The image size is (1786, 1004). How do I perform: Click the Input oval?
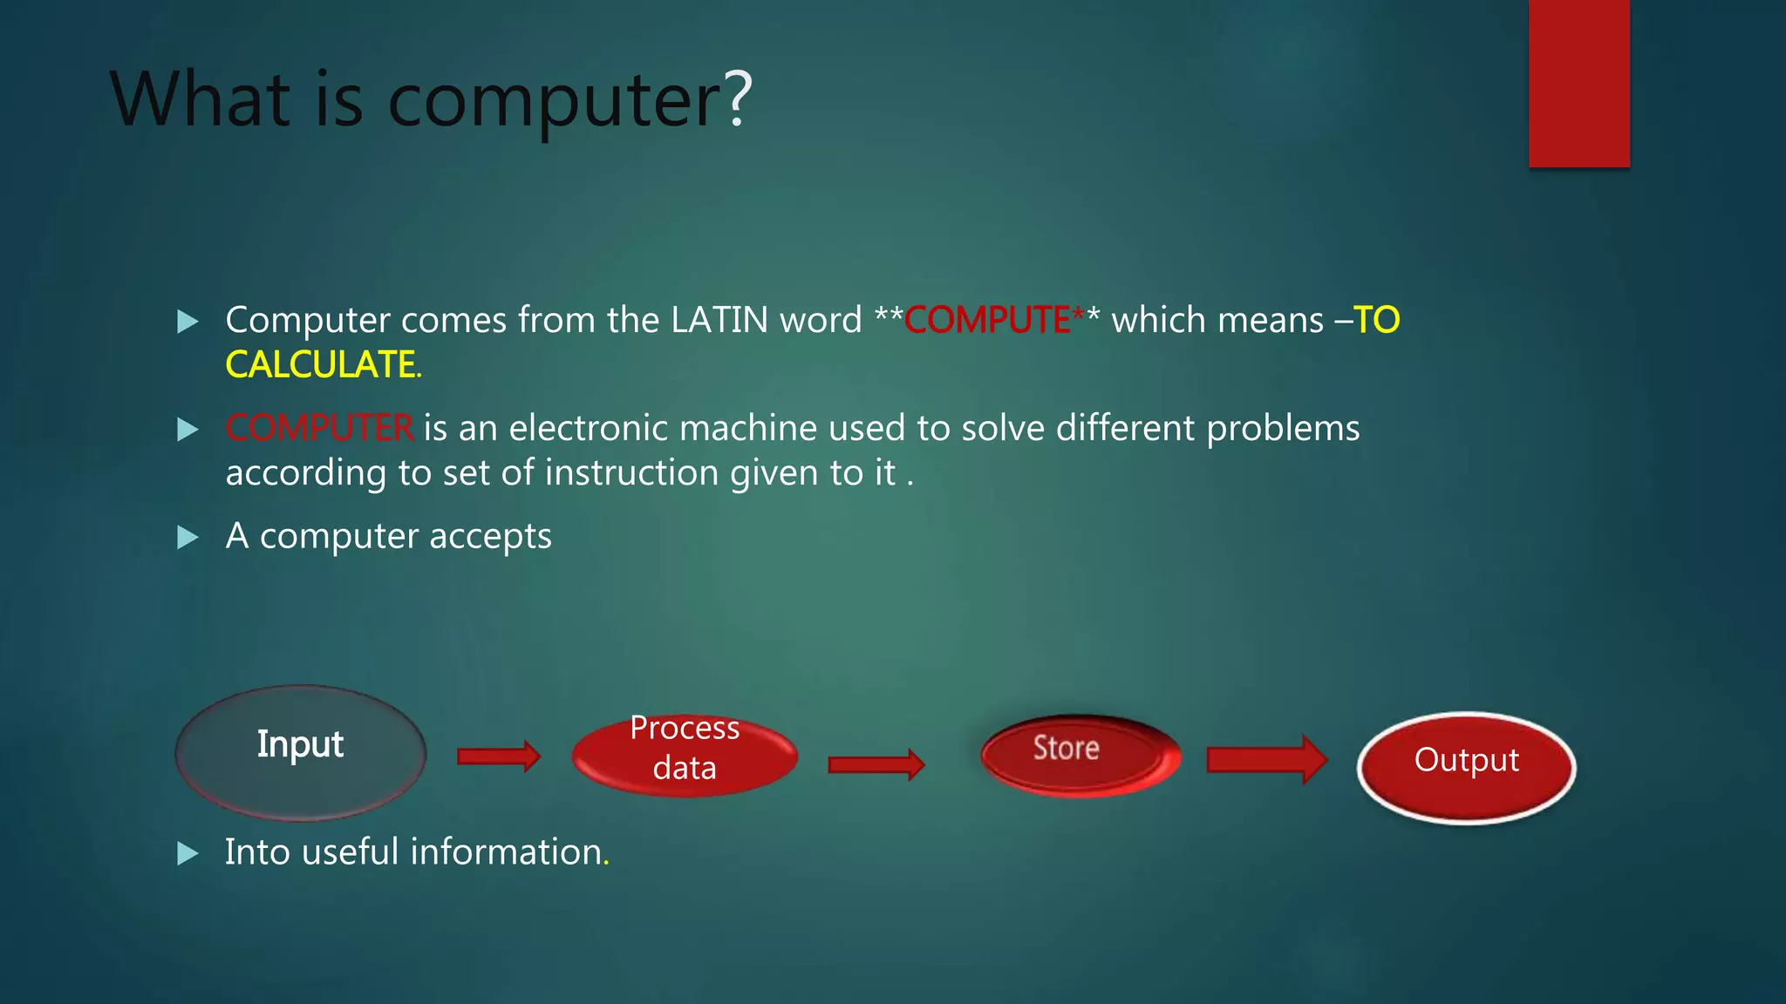[x=300, y=751]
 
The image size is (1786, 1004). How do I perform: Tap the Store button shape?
[x=1080, y=753]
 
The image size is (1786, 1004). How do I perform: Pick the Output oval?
[x=1467, y=767]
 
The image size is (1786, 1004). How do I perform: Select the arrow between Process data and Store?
[x=876, y=764]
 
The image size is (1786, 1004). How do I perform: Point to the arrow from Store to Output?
[x=1266, y=759]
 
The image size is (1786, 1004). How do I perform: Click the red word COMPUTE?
[x=987, y=321]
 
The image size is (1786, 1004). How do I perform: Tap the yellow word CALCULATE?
[x=320, y=365]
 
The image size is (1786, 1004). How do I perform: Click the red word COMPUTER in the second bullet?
[x=319, y=428]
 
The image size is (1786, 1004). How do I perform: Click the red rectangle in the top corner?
[x=1578, y=83]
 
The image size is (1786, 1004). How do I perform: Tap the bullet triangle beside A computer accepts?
[x=187, y=537]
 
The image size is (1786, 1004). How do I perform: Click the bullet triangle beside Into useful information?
[x=187, y=852]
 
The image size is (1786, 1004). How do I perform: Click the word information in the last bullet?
[x=506, y=852]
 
